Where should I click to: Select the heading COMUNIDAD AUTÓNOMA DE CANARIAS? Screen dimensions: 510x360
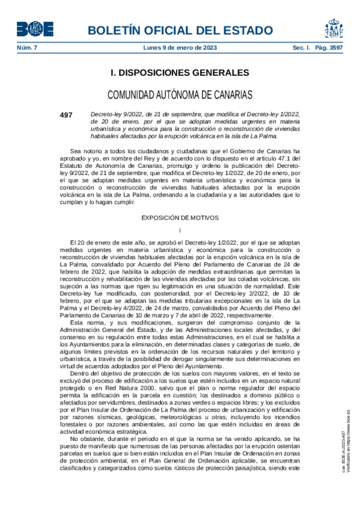180,94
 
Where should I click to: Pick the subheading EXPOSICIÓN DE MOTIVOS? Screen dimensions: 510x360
180,217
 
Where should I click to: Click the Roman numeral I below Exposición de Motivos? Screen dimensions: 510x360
180,231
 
